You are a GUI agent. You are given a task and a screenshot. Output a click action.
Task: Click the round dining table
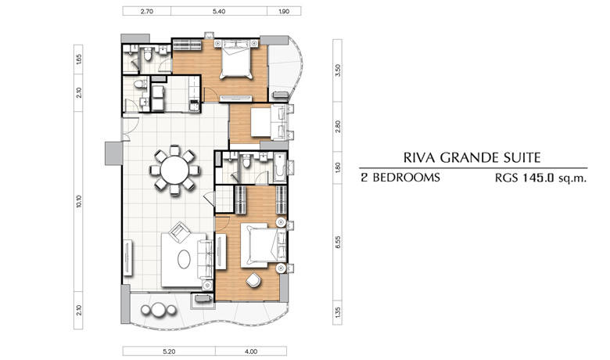point(174,170)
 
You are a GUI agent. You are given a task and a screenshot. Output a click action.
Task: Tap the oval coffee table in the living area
point(184,259)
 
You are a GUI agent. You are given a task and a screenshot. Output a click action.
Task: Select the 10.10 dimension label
point(78,201)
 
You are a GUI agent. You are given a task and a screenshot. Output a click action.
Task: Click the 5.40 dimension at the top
point(219,11)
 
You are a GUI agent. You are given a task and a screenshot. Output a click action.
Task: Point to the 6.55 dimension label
point(338,242)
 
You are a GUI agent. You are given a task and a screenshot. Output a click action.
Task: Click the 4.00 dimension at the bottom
point(251,351)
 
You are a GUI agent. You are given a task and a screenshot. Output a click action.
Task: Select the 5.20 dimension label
point(169,351)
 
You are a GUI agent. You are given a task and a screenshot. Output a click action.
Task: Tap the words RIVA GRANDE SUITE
point(472,157)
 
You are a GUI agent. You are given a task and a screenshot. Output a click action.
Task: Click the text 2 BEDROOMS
point(400,178)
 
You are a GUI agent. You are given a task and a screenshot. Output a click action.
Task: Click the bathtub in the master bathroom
point(280,167)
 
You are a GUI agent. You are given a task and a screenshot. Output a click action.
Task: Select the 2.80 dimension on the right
point(338,127)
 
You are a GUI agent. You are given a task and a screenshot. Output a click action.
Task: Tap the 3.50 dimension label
point(338,70)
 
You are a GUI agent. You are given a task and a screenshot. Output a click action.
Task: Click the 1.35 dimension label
point(338,312)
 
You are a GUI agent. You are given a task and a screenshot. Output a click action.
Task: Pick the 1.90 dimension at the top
point(284,11)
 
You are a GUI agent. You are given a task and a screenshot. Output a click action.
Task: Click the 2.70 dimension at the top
point(147,11)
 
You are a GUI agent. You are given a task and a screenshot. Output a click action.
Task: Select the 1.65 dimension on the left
point(78,59)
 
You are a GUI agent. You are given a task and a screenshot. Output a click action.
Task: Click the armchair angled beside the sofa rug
point(179,232)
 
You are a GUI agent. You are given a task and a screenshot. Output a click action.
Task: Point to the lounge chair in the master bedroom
point(253,280)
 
